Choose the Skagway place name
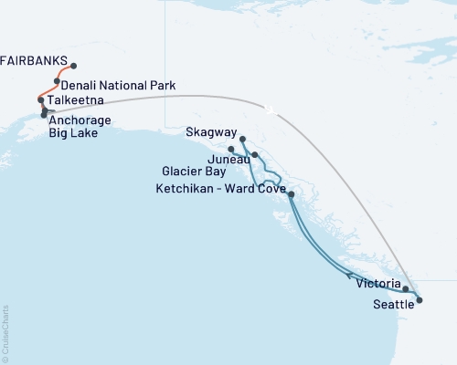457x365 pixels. pos(210,132)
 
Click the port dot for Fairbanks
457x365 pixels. pos(73,66)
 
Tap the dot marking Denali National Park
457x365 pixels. pos(57,81)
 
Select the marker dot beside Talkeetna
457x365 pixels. pos(41,99)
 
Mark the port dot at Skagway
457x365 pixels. pos(242,139)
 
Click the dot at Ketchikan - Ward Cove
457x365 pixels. pos(291,194)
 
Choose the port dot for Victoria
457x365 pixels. pos(405,288)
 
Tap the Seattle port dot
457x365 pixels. pos(419,298)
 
